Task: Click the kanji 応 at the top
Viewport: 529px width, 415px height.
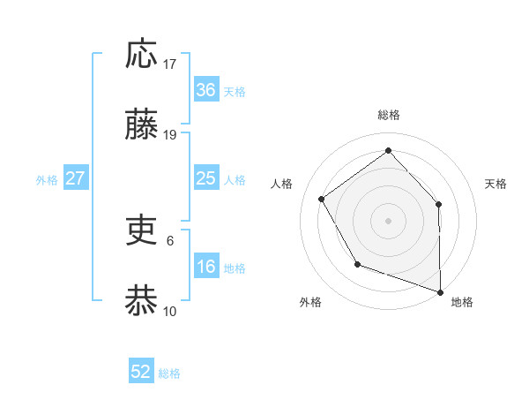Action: (x=142, y=54)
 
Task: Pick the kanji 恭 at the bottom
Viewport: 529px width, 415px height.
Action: (x=142, y=300)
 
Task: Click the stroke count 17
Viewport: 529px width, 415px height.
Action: (x=170, y=64)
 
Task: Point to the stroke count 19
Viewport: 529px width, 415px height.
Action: (x=170, y=134)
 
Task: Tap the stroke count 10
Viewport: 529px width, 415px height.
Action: (x=170, y=311)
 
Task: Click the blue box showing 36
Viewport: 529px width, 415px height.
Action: (x=205, y=90)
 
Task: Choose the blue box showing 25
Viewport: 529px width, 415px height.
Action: (x=205, y=178)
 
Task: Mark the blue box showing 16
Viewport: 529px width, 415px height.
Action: (x=205, y=267)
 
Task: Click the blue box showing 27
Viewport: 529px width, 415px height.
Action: (x=76, y=178)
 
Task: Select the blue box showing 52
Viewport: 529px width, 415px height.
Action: (x=141, y=372)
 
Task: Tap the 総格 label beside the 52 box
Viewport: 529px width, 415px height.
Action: (x=169, y=373)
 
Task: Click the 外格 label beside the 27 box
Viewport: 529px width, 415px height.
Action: (x=47, y=180)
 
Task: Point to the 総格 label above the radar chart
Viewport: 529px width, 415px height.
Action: (x=388, y=115)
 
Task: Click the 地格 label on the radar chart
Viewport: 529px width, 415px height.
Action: (x=462, y=302)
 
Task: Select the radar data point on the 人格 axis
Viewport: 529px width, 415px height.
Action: (x=322, y=199)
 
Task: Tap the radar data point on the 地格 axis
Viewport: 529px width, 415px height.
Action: (x=440, y=290)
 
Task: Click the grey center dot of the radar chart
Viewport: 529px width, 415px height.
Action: (x=388, y=219)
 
